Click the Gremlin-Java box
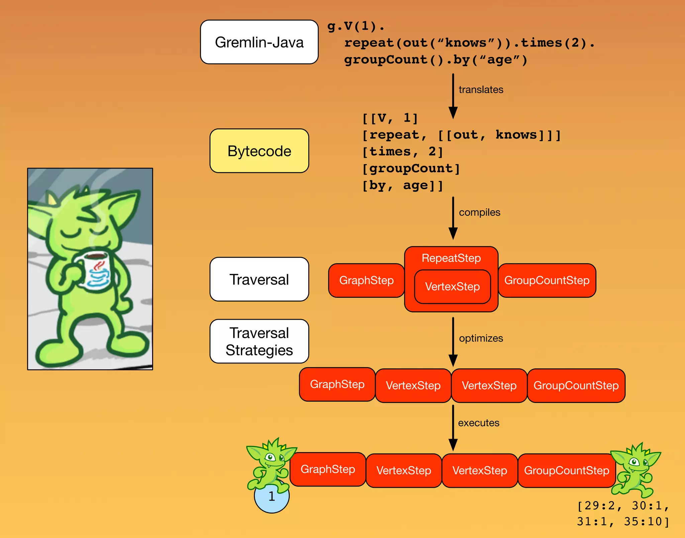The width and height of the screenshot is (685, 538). tap(259, 42)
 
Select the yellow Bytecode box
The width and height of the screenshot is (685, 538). tap(259, 151)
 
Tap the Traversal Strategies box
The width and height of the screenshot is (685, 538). tap(259, 341)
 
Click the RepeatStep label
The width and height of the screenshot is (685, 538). tap(451, 258)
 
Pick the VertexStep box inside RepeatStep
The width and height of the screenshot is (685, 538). tap(452, 287)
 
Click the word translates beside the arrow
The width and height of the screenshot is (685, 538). tap(481, 90)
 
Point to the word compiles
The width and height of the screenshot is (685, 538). tap(479, 212)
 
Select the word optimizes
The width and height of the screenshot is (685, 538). tap(481, 338)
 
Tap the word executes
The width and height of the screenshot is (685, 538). tap(478, 423)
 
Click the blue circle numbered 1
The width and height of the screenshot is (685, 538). tap(272, 498)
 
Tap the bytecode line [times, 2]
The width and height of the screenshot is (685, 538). tap(403, 151)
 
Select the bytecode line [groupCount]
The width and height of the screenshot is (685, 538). tap(411, 168)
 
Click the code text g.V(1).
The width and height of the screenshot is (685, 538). tap(356, 26)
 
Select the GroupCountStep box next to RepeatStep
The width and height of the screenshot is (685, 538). tap(547, 280)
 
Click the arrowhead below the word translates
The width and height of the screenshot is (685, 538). tap(453, 113)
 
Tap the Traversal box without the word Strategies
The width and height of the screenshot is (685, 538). tap(259, 279)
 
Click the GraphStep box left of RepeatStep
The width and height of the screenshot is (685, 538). tap(366, 280)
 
